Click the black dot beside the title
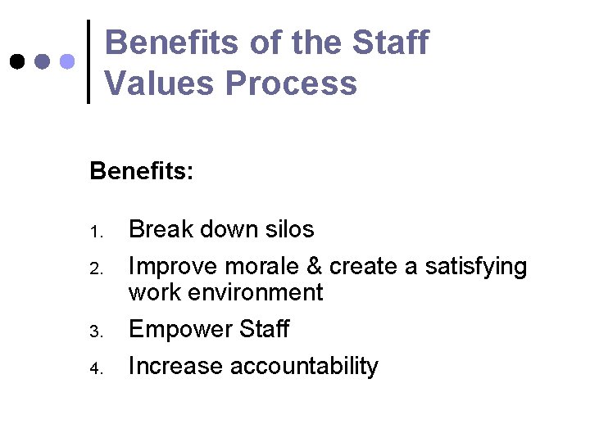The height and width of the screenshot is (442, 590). (16, 61)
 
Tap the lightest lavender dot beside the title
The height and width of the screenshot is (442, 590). (68, 61)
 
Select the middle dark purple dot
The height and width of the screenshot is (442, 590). (43, 61)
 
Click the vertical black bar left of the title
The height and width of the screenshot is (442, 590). (88, 61)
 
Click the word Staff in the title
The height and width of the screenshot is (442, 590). (393, 43)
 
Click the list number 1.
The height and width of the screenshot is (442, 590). (94, 232)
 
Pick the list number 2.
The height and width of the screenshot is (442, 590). (94, 269)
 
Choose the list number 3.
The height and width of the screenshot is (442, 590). (94, 331)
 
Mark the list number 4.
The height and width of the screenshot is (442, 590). (94, 368)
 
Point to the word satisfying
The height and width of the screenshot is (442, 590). (476, 267)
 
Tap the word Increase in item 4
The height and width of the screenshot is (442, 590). (175, 366)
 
